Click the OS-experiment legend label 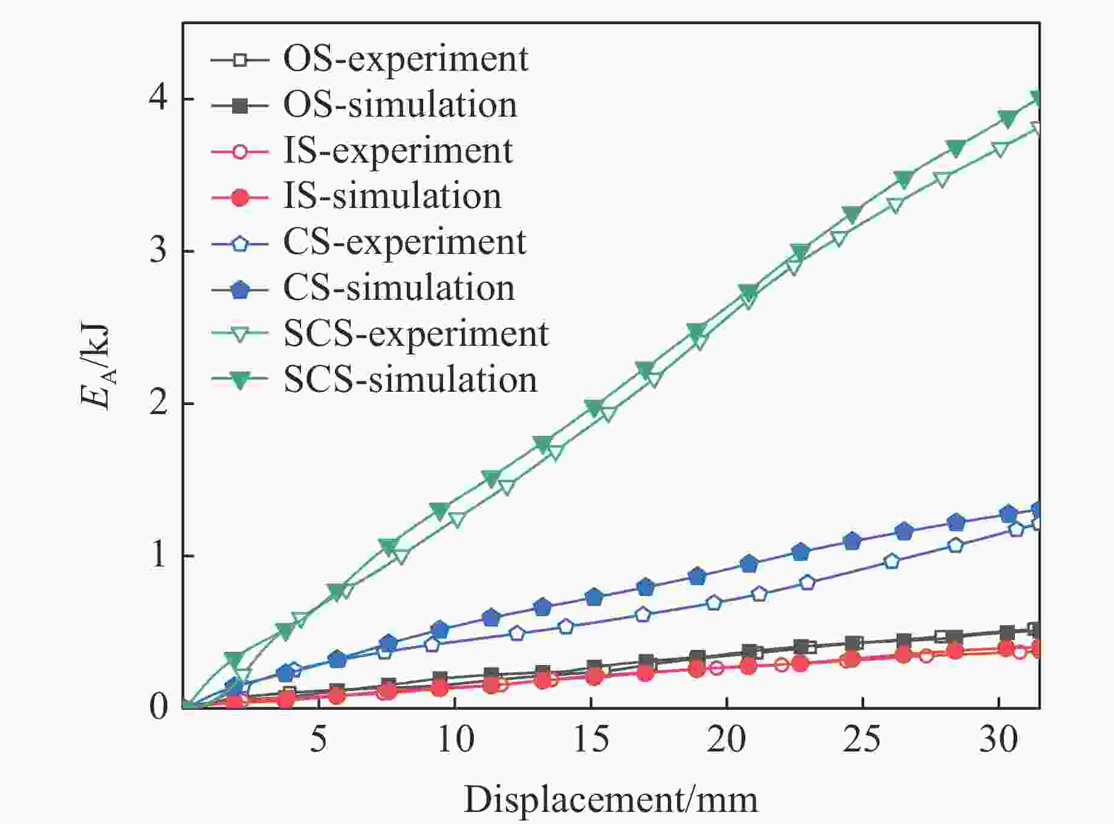406,59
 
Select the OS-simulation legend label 400,105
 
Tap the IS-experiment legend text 398,151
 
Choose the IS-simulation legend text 392,197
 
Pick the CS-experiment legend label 404,243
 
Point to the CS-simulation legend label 399,288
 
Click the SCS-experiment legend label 416,334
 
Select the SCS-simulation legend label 410,380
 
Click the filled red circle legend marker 240,198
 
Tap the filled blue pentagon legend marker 240,289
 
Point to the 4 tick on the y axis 158,99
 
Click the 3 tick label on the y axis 158,250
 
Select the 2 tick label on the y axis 158,403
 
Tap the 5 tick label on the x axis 319,739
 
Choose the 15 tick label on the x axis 591,739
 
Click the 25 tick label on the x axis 862,739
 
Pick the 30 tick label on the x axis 998,739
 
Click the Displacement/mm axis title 610,800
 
